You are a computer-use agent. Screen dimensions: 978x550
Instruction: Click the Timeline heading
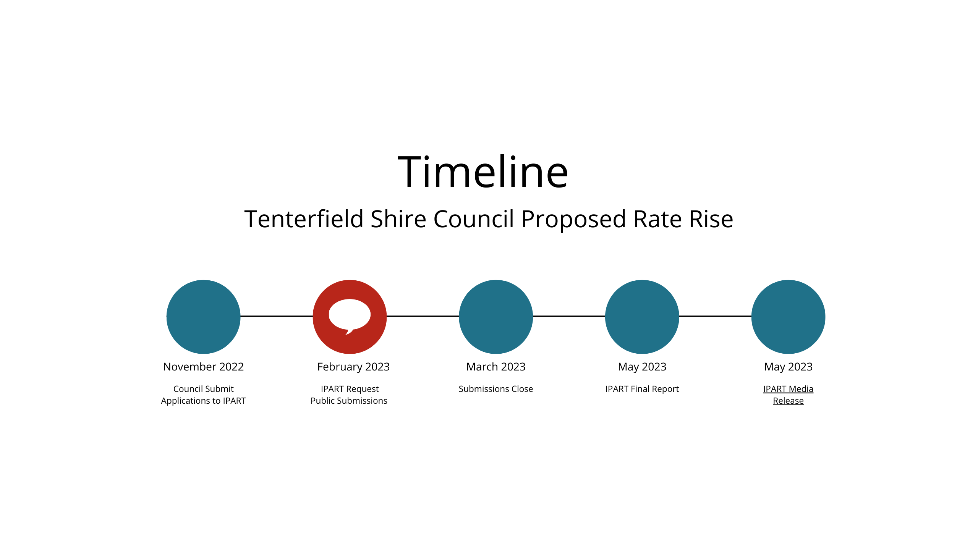pyautogui.click(x=483, y=172)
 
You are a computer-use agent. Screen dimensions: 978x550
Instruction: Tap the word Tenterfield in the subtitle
pyautogui.click(x=304, y=219)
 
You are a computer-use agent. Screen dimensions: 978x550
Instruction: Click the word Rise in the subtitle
pyautogui.click(x=711, y=219)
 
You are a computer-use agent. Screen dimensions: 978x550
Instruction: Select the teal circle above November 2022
pyautogui.click(x=204, y=317)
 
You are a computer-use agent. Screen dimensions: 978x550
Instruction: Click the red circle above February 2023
pyautogui.click(x=350, y=317)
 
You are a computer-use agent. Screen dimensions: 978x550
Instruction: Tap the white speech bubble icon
pyautogui.click(x=350, y=315)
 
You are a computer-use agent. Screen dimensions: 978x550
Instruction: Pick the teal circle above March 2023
pyautogui.click(x=496, y=317)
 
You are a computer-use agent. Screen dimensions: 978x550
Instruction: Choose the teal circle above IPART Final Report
pyautogui.click(x=642, y=317)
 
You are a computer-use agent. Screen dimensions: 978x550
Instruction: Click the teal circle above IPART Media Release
pyautogui.click(x=789, y=317)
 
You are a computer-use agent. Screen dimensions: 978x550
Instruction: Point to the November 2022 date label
pyautogui.click(x=204, y=367)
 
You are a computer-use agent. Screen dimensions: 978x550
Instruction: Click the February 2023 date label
pyautogui.click(x=353, y=367)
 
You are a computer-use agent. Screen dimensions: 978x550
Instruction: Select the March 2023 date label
pyautogui.click(x=496, y=367)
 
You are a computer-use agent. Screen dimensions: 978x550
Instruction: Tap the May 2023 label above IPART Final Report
pyautogui.click(x=642, y=367)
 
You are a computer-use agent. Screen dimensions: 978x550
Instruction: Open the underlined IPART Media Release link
pyautogui.click(x=789, y=395)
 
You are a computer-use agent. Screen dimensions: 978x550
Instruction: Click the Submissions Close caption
pyautogui.click(x=496, y=389)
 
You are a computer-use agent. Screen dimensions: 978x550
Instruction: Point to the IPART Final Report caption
pyautogui.click(x=642, y=389)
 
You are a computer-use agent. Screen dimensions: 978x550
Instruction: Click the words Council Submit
pyautogui.click(x=204, y=389)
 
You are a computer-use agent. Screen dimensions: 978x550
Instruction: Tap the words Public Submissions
pyautogui.click(x=349, y=401)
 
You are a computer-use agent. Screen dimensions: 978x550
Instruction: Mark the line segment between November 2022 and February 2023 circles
pyautogui.click(x=277, y=316)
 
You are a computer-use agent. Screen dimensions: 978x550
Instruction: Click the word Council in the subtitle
pyautogui.click(x=474, y=219)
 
